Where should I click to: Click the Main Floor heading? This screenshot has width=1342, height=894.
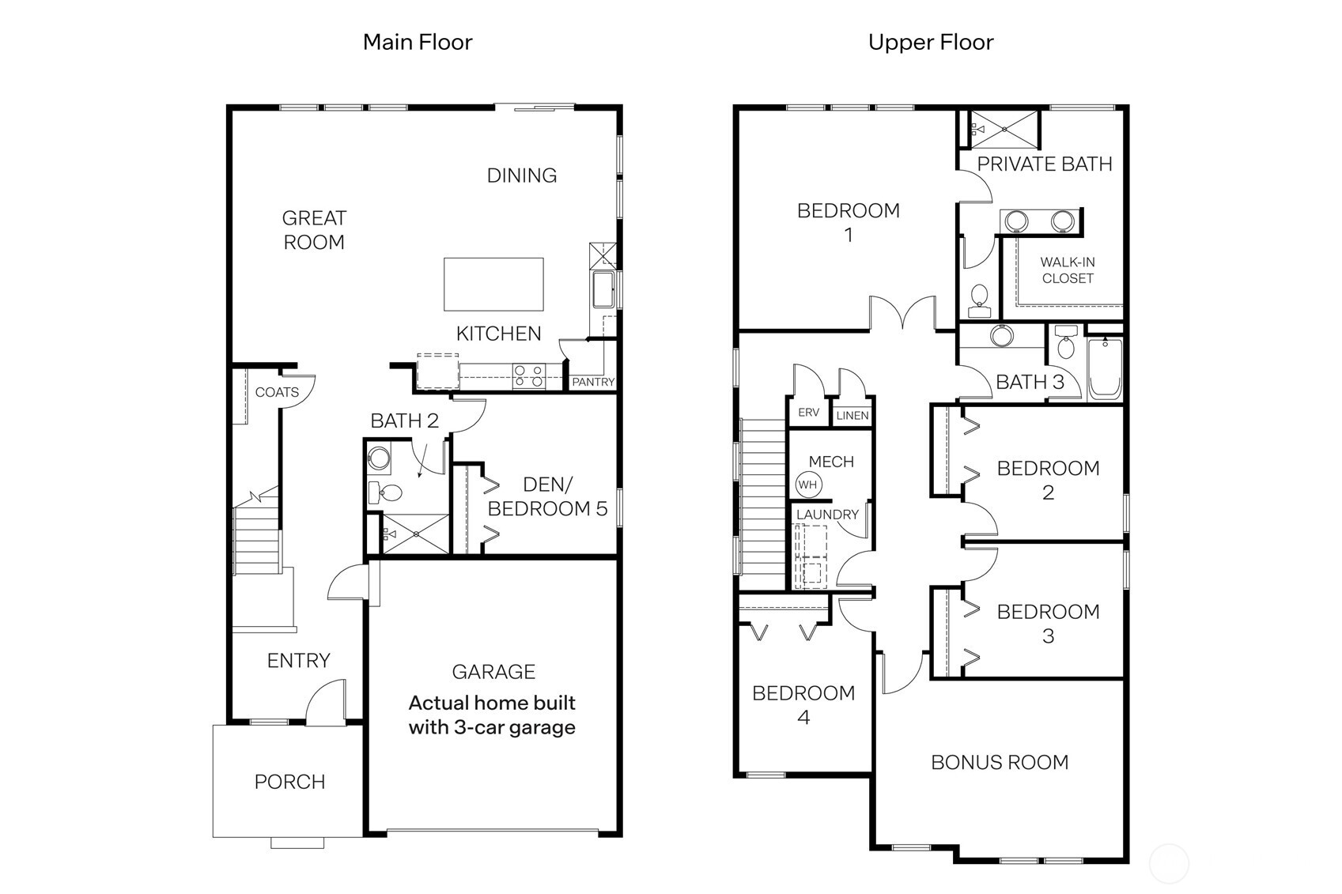pyautogui.click(x=417, y=42)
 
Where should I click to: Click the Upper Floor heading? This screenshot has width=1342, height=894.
pyautogui.click(x=930, y=42)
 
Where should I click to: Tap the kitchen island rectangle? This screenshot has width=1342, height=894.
pyautogui.click(x=493, y=285)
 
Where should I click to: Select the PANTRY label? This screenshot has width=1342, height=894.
pyautogui.click(x=593, y=382)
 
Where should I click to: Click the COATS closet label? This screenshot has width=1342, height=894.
pyautogui.click(x=277, y=392)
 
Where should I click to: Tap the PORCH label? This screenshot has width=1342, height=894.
pyautogui.click(x=289, y=782)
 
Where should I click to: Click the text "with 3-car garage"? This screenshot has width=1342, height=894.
pyautogui.click(x=492, y=727)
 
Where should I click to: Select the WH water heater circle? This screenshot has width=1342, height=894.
pyautogui.click(x=807, y=485)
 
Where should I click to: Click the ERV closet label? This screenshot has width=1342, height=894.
pyautogui.click(x=808, y=413)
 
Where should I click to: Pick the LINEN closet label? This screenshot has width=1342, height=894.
pyautogui.click(x=852, y=415)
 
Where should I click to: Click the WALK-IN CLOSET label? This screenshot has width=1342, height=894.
pyautogui.click(x=1067, y=270)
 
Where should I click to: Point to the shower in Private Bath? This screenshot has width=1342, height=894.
pyautogui.click(x=1004, y=129)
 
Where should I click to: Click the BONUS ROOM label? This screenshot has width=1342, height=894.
pyautogui.click(x=1000, y=762)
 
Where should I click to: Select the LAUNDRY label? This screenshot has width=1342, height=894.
pyautogui.click(x=827, y=515)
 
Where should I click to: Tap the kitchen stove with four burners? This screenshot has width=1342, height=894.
pyautogui.click(x=528, y=375)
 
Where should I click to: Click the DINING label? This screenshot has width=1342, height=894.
pyautogui.click(x=521, y=175)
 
